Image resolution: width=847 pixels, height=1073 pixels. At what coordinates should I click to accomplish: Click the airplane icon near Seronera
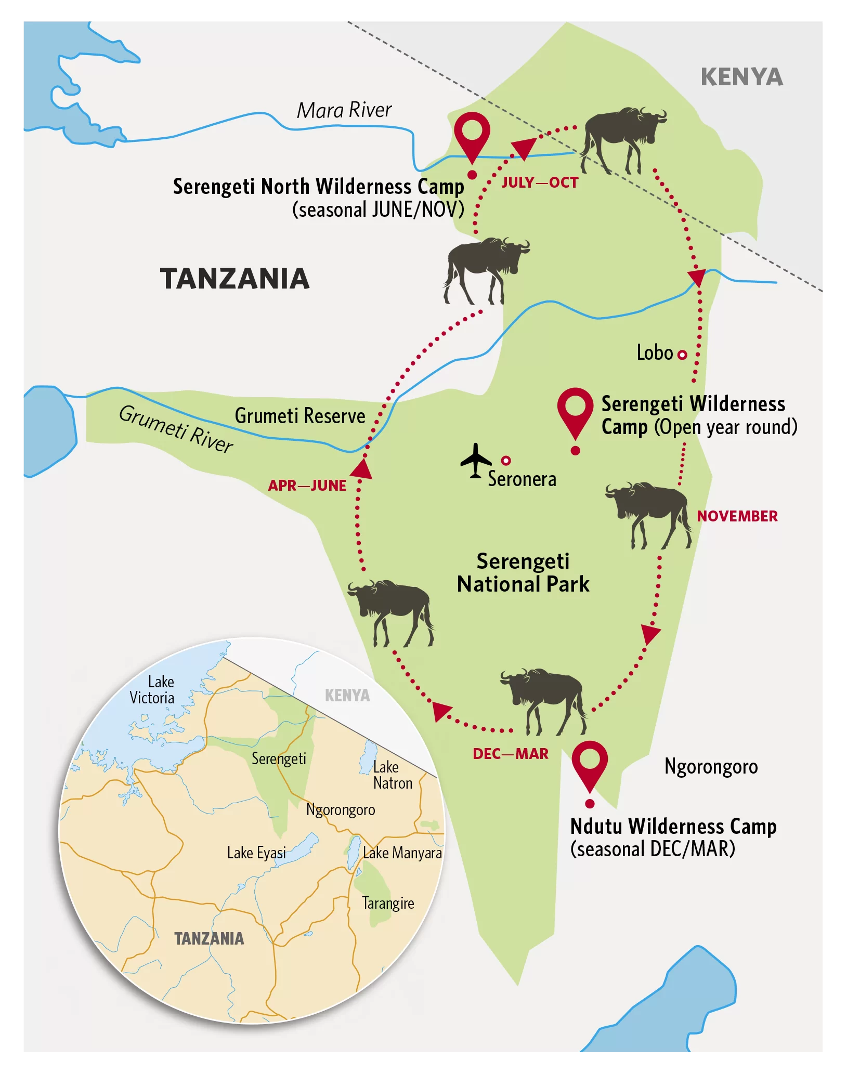coord(475,461)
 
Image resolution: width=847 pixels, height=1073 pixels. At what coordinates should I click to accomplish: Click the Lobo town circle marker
coord(682,355)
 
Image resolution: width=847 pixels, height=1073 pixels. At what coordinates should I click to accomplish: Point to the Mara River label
coord(344,110)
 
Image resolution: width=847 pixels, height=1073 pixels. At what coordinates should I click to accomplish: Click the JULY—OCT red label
coord(540,182)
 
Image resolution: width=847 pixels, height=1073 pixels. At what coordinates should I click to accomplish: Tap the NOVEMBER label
coord(737,516)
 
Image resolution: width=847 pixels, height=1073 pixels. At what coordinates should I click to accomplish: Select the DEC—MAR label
coord(510,754)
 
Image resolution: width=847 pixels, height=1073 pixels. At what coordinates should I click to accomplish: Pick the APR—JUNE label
coord(307,486)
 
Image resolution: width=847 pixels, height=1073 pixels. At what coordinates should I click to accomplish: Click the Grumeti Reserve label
coord(300,416)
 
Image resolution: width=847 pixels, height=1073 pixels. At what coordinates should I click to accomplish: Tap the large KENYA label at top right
coord(741,77)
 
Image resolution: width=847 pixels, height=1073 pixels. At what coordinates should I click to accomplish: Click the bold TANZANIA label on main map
coord(234,279)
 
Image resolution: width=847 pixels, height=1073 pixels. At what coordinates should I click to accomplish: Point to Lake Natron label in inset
coord(392,775)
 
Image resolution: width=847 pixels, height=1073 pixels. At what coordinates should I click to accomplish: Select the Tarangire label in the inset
coord(388,903)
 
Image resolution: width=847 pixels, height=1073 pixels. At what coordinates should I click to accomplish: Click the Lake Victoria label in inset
coord(152,689)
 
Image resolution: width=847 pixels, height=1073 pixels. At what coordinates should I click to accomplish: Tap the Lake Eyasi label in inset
coord(256,853)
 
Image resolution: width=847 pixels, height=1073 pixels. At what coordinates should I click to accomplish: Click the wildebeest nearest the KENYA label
coord(622,138)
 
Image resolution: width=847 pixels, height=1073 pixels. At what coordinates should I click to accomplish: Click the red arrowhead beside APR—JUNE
coord(362,469)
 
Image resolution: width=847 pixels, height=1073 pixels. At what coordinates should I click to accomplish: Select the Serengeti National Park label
coord(523,572)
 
